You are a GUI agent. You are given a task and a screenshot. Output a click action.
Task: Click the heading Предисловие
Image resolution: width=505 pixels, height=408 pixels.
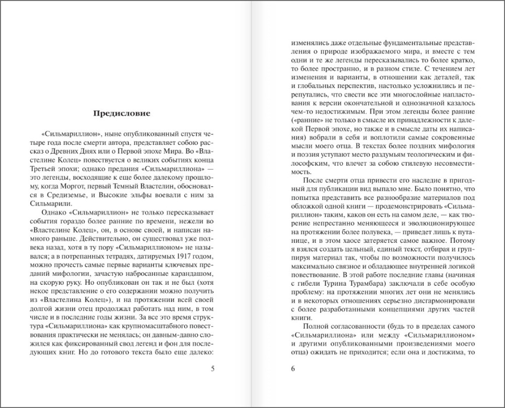coord(122,113)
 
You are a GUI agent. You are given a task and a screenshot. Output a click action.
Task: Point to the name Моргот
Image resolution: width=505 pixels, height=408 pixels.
coord(105,184)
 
